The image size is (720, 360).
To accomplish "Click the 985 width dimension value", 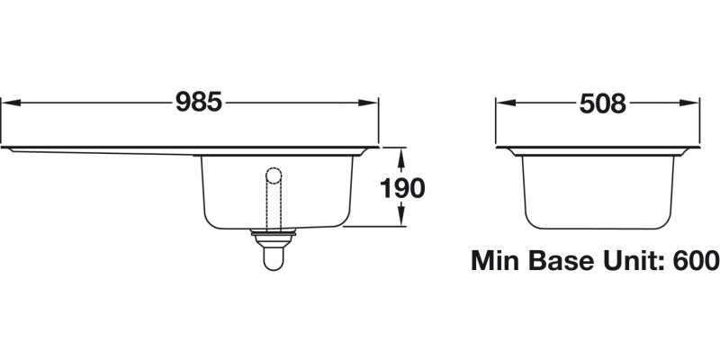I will click(x=198, y=103).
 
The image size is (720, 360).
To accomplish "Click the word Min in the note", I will click(x=498, y=261).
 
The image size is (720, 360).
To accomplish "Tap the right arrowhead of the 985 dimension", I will click(x=372, y=103).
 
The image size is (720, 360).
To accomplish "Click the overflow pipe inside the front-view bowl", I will click(x=274, y=202).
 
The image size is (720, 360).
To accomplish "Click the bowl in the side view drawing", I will click(x=599, y=189).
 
